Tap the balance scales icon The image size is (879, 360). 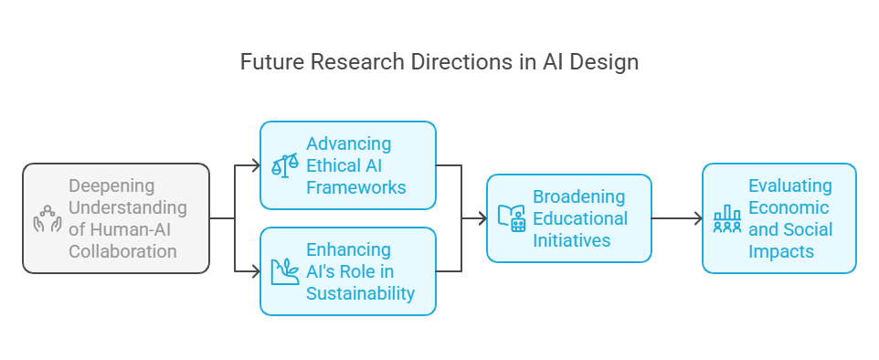tap(285, 165)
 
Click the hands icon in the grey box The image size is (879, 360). tap(48, 218)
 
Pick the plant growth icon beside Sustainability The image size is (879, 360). tap(285, 271)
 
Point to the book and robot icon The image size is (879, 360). tap(512, 218)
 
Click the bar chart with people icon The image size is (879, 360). tap(727, 218)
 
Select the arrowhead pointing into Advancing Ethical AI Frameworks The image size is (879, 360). tap(256, 165)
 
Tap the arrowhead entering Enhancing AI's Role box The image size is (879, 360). tap(256, 271)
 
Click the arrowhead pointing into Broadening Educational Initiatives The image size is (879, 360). tap(482, 218)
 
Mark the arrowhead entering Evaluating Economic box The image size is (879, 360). tap(698, 218)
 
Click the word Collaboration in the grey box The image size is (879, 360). tap(122, 251)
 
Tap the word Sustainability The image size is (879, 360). tap(360, 293)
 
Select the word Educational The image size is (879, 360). tap(580, 218)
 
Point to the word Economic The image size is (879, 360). tap(789, 207)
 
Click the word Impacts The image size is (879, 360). tap(781, 251)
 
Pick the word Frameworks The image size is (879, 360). tap(356, 187)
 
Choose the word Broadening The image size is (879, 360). tap(578, 196)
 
